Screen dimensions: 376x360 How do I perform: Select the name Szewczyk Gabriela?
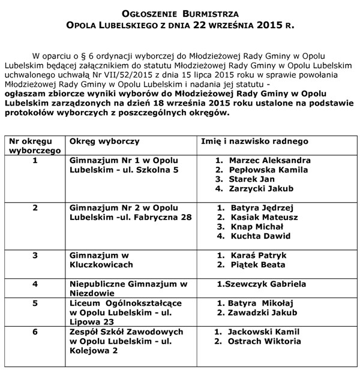coord(265,284)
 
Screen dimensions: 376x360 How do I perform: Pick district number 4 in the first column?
coord(35,284)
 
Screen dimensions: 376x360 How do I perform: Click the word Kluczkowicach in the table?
coord(100,264)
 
